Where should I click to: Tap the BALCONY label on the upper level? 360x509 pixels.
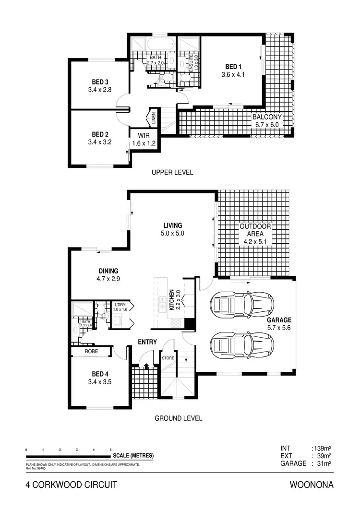[x=268, y=117]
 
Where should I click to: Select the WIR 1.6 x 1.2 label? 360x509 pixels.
[x=144, y=136]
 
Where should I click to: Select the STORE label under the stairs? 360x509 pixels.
[x=168, y=358]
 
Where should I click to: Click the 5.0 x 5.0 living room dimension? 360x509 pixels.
[x=173, y=234]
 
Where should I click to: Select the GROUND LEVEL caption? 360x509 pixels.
[x=178, y=418]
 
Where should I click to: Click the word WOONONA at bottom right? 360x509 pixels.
[x=312, y=485]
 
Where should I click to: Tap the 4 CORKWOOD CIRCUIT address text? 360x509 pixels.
[x=71, y=485]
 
